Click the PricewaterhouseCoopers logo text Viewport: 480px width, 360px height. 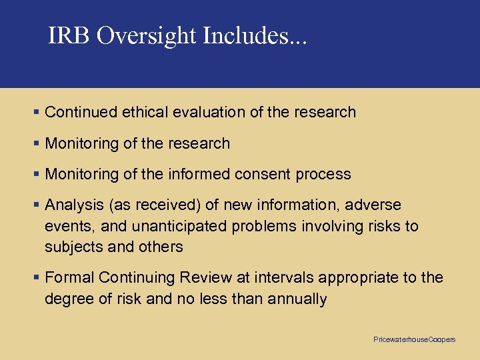pyautogui.click(x=414, y=340)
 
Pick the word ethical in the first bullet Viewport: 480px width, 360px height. pyautogui.click(x=145, y=112)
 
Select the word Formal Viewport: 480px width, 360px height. pyautogui.click(x=69, y=277)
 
